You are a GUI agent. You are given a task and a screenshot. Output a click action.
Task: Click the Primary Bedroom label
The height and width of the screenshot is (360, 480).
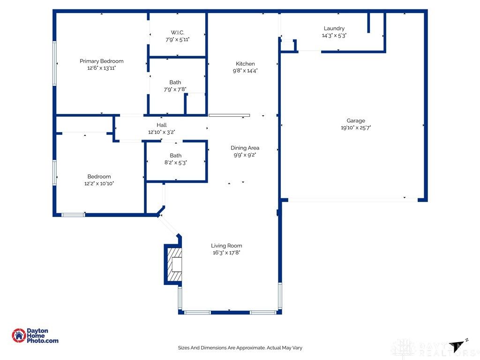(102, 61)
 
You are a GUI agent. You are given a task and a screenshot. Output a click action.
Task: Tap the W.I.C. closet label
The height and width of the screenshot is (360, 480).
(178, 32)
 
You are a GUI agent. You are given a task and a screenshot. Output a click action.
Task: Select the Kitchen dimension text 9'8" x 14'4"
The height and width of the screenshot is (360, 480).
(245, 71)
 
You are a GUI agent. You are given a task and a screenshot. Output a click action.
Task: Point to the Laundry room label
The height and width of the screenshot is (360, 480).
(334, 29)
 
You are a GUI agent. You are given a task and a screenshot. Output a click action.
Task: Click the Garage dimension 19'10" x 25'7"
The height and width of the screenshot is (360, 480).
(356, 127)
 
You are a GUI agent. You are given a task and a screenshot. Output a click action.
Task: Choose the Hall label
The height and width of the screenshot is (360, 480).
(162, 125)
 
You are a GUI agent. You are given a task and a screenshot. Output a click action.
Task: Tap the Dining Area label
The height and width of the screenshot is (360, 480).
(245, 148)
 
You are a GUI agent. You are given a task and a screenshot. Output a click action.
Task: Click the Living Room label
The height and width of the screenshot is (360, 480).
(226, 246)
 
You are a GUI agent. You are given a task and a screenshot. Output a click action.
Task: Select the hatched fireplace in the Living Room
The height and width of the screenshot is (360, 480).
(174, 264)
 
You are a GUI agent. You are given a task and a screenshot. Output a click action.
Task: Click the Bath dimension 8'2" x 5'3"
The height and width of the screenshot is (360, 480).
(176, 163)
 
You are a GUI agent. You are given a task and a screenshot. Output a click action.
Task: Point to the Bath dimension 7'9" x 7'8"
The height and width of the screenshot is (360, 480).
(175, 90)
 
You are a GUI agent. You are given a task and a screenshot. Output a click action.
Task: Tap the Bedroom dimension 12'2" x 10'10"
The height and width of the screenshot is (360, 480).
(99, 183)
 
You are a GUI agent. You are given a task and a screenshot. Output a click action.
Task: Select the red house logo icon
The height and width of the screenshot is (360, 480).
(19, 336)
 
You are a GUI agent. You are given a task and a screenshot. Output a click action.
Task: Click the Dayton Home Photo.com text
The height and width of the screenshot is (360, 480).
(42, 336)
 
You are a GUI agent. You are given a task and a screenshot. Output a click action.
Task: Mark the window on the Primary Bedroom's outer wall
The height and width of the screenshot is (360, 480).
(54, 63)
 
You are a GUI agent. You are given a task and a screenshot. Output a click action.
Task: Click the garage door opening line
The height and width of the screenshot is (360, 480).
(352, 200)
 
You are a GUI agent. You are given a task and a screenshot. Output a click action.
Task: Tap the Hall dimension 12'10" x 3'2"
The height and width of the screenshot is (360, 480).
(162, 132)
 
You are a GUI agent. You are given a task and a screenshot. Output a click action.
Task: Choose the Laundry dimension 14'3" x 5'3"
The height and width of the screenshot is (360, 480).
(334, 36)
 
